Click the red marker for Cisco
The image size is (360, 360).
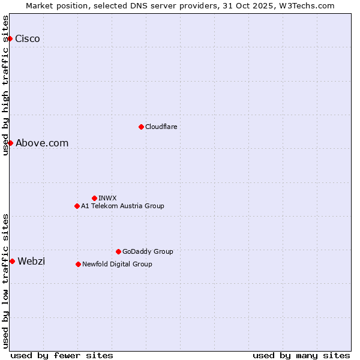click(x=10, y=39)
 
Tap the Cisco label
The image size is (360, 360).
click(x=28, y=39)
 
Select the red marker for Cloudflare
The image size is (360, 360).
click(x=141, y=127)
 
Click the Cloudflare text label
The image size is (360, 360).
click(x=161, y=127)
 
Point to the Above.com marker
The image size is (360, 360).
click(x=10, y=143)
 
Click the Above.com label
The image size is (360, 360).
click(x=42, y=143)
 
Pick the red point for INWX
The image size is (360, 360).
click(x=94, y=198)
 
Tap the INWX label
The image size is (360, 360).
click(x=107, y=198)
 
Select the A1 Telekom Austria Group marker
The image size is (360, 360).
click(x=77, y=206)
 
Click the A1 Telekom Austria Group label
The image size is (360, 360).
click(x=122, y=206)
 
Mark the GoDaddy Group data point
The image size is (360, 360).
click(x=118, y=251)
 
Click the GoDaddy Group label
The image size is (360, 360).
click(x=148, y=251)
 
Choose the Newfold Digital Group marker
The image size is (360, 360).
click(x=78, y=264)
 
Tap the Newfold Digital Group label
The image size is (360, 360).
click(x=117, y=264)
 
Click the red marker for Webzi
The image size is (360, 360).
click(x=12, y=261)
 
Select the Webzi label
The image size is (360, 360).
click(x=31, y=261)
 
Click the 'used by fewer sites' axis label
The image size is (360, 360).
click(x=62, y=355)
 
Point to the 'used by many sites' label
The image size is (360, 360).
click(x=301, y=355)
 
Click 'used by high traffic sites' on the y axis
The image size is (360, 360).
click(x=5, y=85)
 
